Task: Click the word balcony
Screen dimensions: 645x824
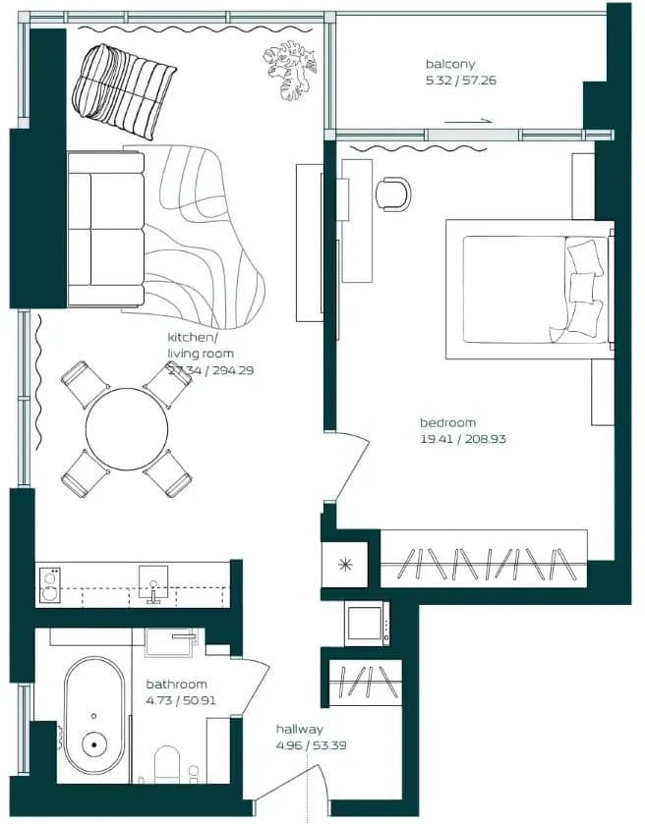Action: click(x=450, y=64)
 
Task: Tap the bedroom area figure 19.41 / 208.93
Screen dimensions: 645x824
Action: click(x=463, y=439)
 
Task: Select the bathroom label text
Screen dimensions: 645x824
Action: click(x=176, y=685)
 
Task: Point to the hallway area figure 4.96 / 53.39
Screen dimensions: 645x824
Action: click(x=311, y=745)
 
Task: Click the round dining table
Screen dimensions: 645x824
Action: click(x=127, y=429)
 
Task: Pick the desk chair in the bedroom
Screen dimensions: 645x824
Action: click(x=393, y=194)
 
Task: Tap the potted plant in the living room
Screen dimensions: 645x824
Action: click(x=290, y=71)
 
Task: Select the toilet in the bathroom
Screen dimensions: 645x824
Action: click(x=167, y=764)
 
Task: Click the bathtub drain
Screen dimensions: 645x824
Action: click(x=94, y=744)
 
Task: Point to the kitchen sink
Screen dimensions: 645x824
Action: click(x=153, y=581)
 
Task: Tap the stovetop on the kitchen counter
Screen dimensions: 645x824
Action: click(x=50, y=585)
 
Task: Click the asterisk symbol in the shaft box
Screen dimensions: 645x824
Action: click(x=345, y=565)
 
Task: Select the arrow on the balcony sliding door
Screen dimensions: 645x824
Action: click(x=468, y=122)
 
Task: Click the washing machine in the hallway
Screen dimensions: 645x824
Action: click(x=367, y=624)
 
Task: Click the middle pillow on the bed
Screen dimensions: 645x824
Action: click(x=582, y=287)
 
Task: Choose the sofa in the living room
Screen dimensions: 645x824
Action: click(x=106, y=229)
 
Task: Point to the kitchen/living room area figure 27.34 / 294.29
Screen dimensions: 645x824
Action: click(x=210, y=370)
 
